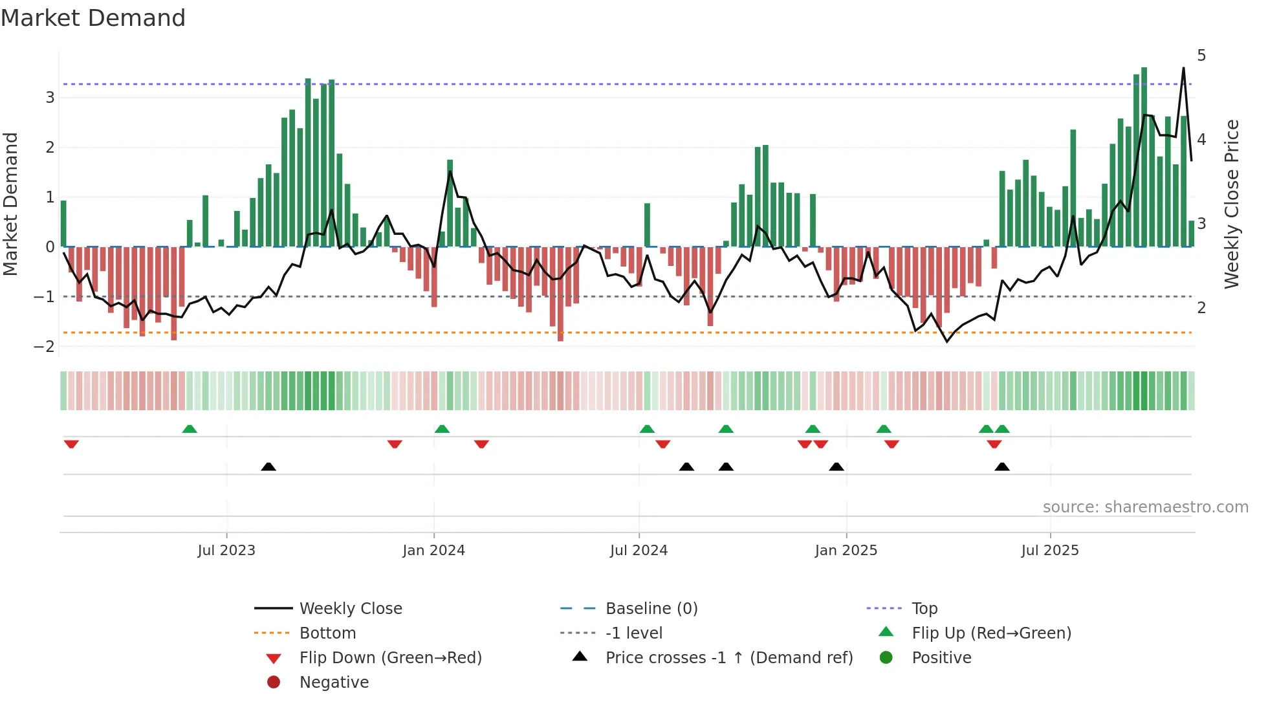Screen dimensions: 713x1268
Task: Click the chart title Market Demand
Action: pyautogui.click(x=93, y=18)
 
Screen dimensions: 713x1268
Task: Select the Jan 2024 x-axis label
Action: pyautogui.click(x=433, y=551)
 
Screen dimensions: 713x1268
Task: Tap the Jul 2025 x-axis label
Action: pyautogui.click(x=1050, y=551)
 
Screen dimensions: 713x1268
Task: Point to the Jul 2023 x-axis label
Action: pyautogui.click(x=226, y=551)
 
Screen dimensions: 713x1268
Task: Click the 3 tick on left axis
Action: pyautogui.click(x=50, y=98)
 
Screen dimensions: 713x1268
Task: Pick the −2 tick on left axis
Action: pyautogui.click(x=45, y=347)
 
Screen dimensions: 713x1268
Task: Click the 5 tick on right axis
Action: pyautogui.click(x=1201, y=56)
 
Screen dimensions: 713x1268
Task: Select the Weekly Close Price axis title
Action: pyautogui.click(x=1231, y=204)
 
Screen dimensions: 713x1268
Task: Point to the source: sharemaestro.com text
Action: pyautogui.click(x=1145, y=507)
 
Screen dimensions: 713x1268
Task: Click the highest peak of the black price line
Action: pyautogui.click(x=1183, y=68)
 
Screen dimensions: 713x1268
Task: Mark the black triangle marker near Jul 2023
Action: pyautogui.click(x=268, y=466)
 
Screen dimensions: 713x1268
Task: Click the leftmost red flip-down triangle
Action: pyautogui.click(x=71, y=444)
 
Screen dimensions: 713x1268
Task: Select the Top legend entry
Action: pyautogui.click(x=924, y=609)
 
